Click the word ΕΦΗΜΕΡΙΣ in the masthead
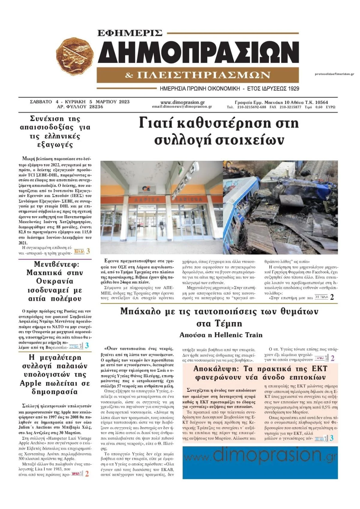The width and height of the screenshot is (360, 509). click(x=130, y=33)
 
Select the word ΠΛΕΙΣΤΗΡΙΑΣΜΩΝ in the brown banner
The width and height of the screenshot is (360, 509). click(x=203, y=75)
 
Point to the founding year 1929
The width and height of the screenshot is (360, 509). click(x=293, y=89)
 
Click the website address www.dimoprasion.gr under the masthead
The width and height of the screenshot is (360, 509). click(x=182, y=102)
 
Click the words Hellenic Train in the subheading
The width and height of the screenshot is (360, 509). click(x=238, y=335)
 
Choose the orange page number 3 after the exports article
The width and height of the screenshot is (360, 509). click(x=88, y=251)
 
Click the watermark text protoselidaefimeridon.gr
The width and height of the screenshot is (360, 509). click(x=334, y=74)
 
